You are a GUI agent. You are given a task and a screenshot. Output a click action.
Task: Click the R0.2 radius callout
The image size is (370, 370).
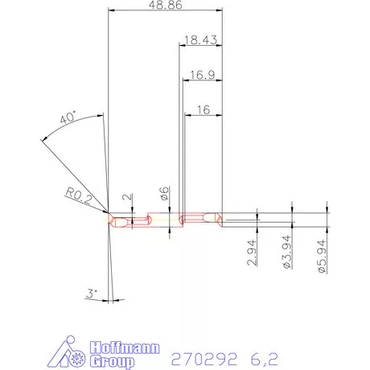80,194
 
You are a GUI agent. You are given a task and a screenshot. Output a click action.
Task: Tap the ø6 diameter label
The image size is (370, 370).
165,193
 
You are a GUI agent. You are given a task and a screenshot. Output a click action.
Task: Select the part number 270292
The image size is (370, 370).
198,354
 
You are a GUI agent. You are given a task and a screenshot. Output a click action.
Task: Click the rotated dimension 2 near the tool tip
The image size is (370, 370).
127,196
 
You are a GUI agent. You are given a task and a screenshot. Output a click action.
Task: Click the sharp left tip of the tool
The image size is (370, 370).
108,216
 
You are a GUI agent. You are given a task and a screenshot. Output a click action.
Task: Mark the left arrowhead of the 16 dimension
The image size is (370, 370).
187,115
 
